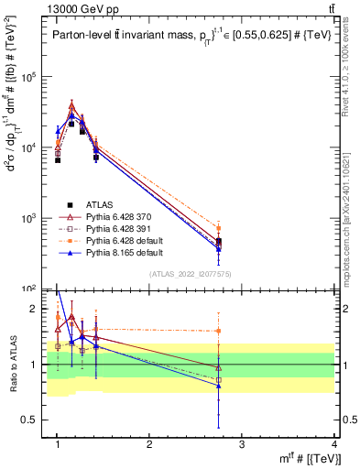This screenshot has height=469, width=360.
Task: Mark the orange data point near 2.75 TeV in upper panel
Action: click(x=218, y=228)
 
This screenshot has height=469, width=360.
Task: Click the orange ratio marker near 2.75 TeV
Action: click(x=218, y=331)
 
